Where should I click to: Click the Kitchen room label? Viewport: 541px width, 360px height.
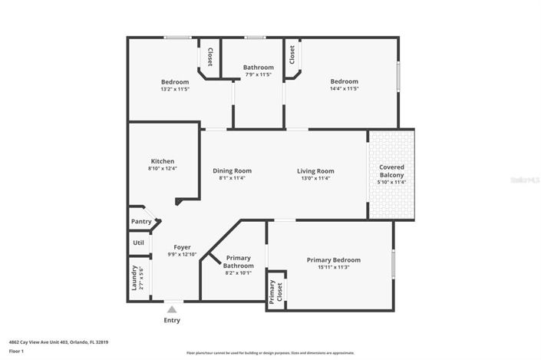click(x=162, y=161)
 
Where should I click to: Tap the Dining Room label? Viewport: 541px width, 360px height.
click(x=232, y=171)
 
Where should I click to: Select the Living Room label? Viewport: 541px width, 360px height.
click(x=315, y=171)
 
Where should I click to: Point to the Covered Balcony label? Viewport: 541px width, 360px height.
click(x=391, y=170)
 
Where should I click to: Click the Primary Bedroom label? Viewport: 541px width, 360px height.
click(x=333, y=260)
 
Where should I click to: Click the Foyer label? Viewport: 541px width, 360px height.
click(x=182, y=247)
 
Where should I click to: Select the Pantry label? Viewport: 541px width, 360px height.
click(x=141, y=222)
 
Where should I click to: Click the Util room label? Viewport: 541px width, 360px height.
click(x=138, y=243)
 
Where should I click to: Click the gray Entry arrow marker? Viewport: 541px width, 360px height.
click(x=172, y=309)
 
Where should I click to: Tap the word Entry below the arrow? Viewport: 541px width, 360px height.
click(x=172, y=320)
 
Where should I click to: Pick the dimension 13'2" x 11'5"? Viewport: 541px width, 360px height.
click(x=174, y=89)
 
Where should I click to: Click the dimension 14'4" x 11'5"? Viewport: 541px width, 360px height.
click(x=344, y=89)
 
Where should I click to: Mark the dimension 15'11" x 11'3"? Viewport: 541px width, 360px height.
click(x=333, y=268)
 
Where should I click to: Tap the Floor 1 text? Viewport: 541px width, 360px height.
click(x=17, y=351)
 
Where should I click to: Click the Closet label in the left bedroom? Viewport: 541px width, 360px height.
click(x=209, y=56)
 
